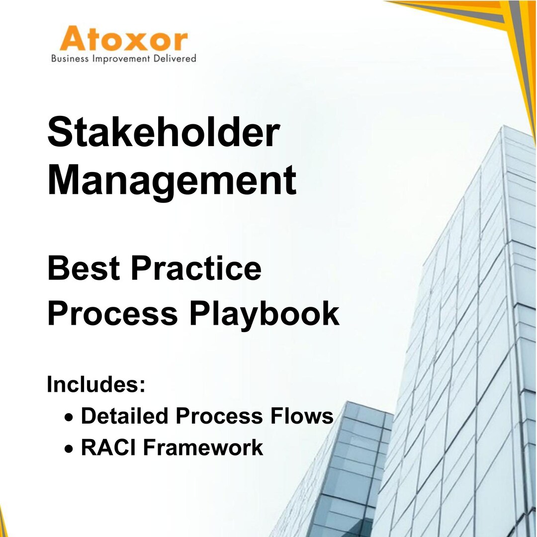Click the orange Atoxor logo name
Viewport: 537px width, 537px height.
click(124, 40)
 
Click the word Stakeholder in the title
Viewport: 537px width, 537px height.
click(164, 133)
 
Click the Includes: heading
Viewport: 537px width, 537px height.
click(96, 384)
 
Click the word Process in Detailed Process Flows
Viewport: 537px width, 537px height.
click(222, 416)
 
